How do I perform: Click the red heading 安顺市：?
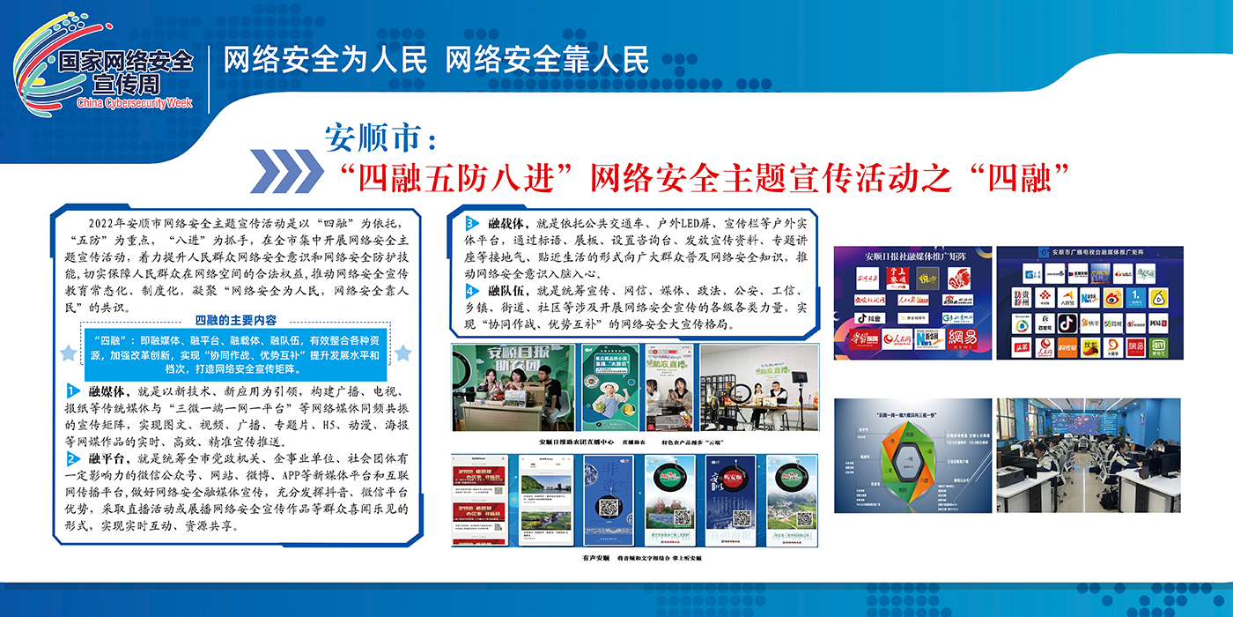tap(380, 138)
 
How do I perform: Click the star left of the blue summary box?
tap(68, 353)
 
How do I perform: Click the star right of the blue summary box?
tap(402, 353)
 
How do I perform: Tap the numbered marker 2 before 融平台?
tap(72, 459)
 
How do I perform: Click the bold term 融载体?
tap(506, 222)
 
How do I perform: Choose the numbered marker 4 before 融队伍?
tap(472, 290)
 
